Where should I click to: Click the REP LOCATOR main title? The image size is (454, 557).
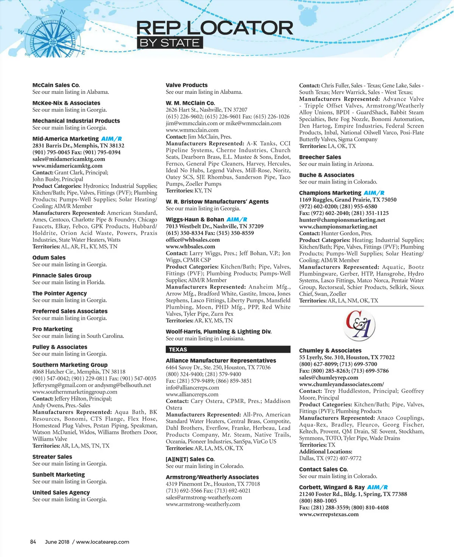pyautogui.click(x=215, y=28)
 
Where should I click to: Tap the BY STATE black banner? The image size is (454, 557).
pyautogui.click(x=169, y=43)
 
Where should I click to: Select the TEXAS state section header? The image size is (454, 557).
pyautogui.click(x=228, y=349)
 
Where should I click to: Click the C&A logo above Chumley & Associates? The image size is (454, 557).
pyautogui.click(x=359, y=325)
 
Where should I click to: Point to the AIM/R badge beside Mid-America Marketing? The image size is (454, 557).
pyautogui.click(x=111, y=139)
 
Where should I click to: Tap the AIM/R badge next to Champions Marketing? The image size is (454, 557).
pyautogui.click(x=374, y=193)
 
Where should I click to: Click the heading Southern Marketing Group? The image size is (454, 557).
pyautogui.click(x=70, y=365)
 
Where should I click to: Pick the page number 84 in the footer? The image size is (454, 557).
pyautogui.click(x=33, y=542)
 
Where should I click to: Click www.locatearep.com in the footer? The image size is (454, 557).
pyautogui.click(x=103, y=542)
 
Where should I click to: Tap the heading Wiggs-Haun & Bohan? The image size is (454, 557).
pyautogui.click(x=195, y=219)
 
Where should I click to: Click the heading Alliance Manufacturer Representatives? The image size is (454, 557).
pyautogui.click(x=221, y=361)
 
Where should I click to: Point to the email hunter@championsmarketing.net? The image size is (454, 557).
pyautogui.click(x=342, y=220)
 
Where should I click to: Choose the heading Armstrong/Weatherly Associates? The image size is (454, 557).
pyautogui.click(x=212, y=477)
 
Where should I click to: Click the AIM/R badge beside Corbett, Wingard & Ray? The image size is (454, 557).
pyautogui.click(x=377, y=487)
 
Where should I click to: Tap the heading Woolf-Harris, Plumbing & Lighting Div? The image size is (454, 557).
pyautogui.click(x=219, y=332)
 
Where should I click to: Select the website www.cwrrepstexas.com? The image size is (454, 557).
pyautogui.click(x=329, y=514)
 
